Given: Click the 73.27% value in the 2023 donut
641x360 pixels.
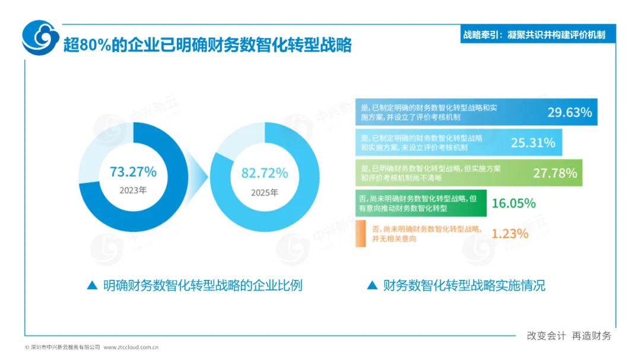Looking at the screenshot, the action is (133, 172).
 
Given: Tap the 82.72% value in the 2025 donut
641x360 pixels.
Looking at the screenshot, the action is (265, 173).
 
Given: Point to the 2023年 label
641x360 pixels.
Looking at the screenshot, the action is (133, 190).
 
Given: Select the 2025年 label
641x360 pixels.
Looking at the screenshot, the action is (265, 193).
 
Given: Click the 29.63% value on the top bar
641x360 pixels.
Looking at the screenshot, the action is (569, 112).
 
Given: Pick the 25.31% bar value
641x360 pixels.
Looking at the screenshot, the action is (533, 142).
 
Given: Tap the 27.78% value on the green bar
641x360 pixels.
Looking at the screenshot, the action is (555, 173).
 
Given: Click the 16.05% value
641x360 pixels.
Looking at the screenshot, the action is (513, 203).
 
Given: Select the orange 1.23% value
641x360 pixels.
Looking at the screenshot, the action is (510, 234).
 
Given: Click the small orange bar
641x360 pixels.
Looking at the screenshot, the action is (361, 234).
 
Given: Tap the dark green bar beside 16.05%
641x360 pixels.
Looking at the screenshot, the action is (421, 203).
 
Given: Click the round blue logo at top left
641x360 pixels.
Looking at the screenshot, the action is (40, 37).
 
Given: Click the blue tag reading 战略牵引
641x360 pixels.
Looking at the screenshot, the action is (538, 35).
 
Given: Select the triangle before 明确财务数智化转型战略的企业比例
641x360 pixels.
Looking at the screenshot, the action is (93, 285).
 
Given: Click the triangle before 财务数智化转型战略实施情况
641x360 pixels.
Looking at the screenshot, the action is (372, 285).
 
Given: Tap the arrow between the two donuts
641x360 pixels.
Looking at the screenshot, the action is (198, 177).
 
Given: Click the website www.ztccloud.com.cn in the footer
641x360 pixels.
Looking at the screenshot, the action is (131, 348).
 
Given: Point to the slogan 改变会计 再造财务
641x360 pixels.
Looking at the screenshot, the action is (569, 336).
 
